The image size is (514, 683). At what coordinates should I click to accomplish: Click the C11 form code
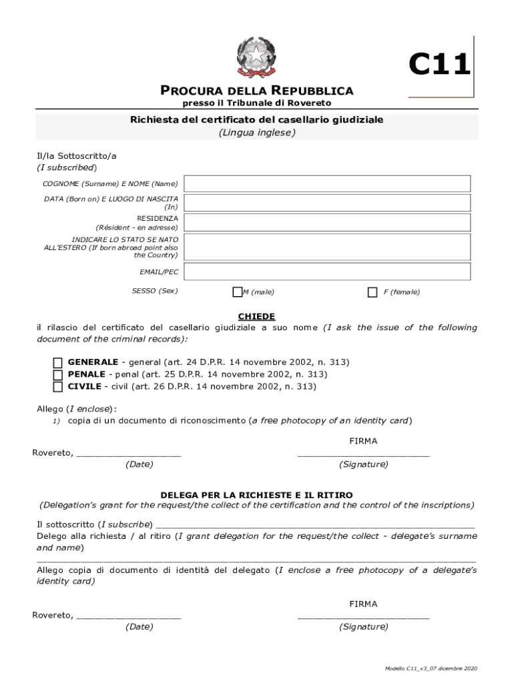[x=439, y=65]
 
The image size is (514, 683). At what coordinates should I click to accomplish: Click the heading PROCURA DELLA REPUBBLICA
[x=257, y=91]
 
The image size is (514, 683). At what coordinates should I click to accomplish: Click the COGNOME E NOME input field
[x=327, y=183]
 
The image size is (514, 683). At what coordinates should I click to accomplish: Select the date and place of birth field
[x=327, y=203]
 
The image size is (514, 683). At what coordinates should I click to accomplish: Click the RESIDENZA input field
[x=327, y=222]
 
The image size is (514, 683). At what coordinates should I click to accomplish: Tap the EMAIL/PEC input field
[x=327, y=271]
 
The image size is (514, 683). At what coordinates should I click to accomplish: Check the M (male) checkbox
[x=237, y=292]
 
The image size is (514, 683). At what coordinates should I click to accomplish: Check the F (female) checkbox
[x=372, y=292]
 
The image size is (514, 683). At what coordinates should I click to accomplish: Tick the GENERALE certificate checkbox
[x=58, y=362]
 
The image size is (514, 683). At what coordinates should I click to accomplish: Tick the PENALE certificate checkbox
[x=58, y=374]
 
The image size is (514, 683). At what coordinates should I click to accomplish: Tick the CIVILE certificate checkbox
[x=58, y=386]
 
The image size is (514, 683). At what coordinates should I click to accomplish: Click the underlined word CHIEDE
[x=257, y=316]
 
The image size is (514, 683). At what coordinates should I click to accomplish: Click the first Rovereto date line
[x=128, y=454]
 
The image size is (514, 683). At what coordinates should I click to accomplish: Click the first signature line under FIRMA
[x=363, y=454]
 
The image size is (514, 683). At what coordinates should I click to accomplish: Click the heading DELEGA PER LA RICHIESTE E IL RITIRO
[x=257, y=495]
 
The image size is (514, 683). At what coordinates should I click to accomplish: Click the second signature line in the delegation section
[x=363, y=616]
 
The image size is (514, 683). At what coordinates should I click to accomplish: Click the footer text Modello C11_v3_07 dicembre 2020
[x=431, y=668]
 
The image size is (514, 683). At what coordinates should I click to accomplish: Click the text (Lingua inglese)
[x=257, y=132]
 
